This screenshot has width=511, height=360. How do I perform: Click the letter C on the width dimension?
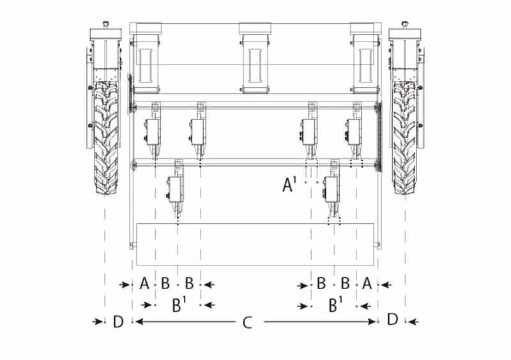click(247, 323)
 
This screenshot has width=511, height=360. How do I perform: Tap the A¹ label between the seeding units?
click(289, 184)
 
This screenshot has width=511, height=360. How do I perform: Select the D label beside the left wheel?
click(118, 322)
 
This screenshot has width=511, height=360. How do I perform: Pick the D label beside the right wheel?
click(393, 320)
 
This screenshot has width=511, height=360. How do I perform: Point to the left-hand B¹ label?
click(179, 305)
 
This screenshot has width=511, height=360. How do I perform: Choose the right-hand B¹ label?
click(335, 304)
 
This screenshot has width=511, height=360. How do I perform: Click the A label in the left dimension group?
click(144, 283)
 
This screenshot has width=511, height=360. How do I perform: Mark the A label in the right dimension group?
click(367, 283)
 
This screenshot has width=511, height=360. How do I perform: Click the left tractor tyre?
click(106, 138)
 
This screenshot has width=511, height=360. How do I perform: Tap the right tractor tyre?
click(405, 138)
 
